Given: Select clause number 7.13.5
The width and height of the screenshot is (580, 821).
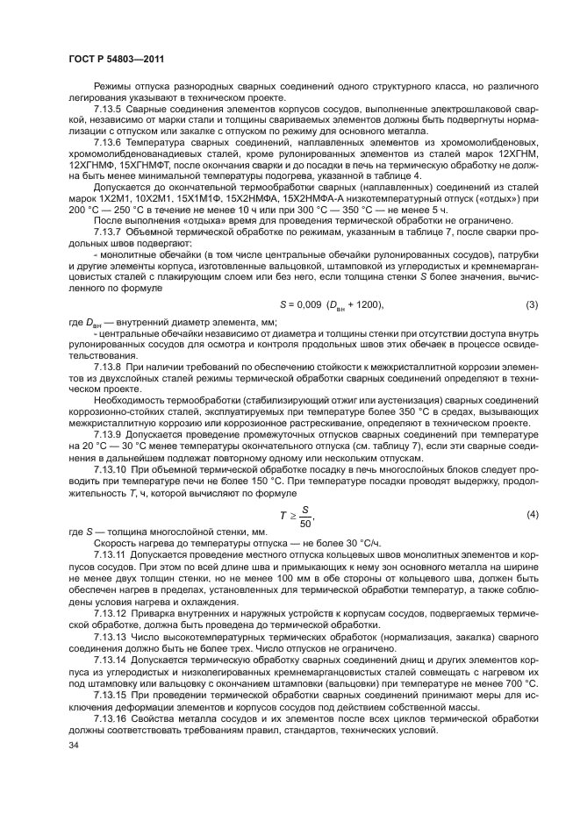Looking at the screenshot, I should (109, 108).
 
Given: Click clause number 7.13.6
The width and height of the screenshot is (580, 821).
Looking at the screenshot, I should (109, 139).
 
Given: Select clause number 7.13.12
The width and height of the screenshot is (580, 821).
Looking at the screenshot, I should (111, 614).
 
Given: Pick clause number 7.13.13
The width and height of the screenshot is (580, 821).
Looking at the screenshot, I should (111, 635).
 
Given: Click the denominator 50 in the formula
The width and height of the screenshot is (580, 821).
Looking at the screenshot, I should (305, 523).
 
